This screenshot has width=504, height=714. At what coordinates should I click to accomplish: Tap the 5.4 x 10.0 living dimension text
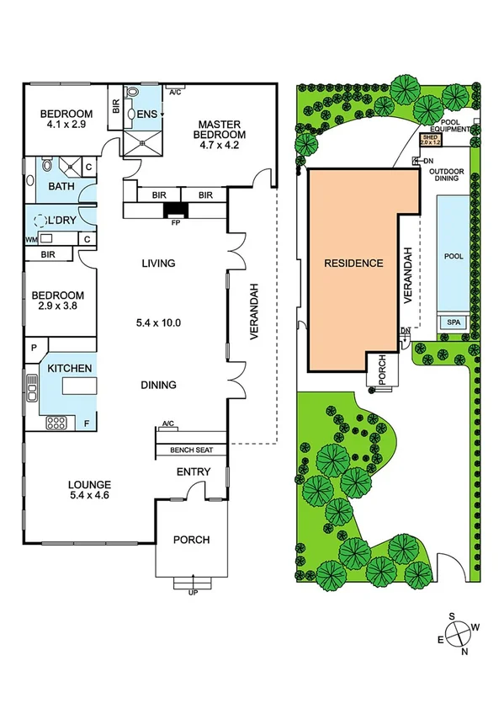coord(160,322)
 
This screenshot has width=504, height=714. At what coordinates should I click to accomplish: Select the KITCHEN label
coord(69,370)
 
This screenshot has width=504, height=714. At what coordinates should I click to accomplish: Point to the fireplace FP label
coord(175,224)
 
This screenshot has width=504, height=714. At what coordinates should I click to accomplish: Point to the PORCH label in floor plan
coord(191,540)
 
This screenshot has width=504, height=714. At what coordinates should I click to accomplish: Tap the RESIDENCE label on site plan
coord(354,264)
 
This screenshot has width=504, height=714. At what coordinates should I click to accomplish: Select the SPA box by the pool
coord(453,322)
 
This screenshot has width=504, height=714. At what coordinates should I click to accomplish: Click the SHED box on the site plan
coord(431,141)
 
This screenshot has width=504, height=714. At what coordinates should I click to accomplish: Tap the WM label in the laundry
coord(32,239)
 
